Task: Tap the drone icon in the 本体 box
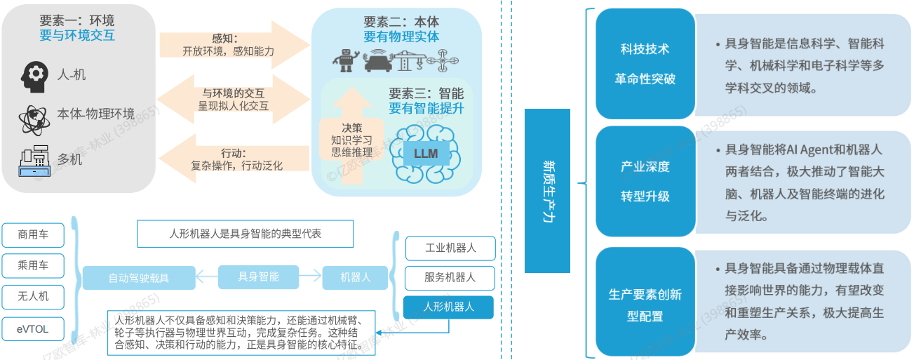[443, 62]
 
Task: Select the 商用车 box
[33, 235]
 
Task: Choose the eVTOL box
[33, 328]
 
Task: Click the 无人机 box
[33, 296]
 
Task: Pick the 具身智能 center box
[259, 276]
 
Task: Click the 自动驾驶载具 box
[138, 278]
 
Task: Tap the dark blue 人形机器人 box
[449, 307]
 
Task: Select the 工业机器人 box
[450, 248]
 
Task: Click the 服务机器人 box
[450, 277]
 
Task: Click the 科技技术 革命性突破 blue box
[645, 64]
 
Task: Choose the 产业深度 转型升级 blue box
[645, 182]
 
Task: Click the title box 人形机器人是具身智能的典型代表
[246, 234]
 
